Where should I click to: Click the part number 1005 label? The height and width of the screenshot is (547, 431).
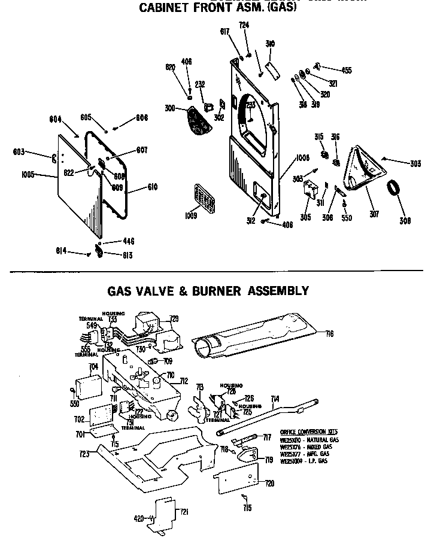(26, 176)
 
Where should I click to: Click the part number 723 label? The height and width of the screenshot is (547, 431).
(84, 454)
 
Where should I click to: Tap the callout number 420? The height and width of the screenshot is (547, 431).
(139, 519)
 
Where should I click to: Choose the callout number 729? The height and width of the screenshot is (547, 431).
(174, 319)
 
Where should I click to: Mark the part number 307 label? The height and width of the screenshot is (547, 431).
(374, 214)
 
